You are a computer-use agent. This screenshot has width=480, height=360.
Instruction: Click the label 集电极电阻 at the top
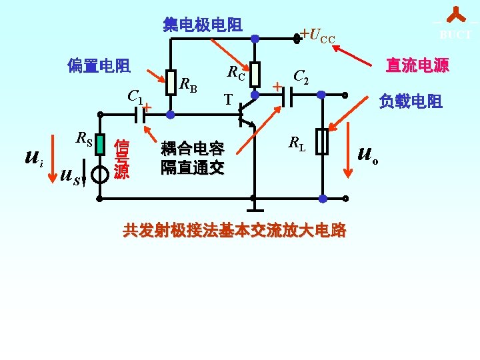203,25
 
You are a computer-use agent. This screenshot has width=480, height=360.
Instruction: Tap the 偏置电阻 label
99,65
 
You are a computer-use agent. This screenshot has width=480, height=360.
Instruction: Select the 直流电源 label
417,65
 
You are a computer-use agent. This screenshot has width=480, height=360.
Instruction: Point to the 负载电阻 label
411,101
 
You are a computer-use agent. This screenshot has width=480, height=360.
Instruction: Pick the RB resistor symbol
171,83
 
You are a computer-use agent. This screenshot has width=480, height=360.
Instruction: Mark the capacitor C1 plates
139,115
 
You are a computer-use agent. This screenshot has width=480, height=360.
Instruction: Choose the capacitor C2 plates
287,96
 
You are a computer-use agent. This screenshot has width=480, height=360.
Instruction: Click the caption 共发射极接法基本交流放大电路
235,231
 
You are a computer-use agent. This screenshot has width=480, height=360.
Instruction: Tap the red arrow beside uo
348,149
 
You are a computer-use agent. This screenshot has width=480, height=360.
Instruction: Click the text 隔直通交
192,167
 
